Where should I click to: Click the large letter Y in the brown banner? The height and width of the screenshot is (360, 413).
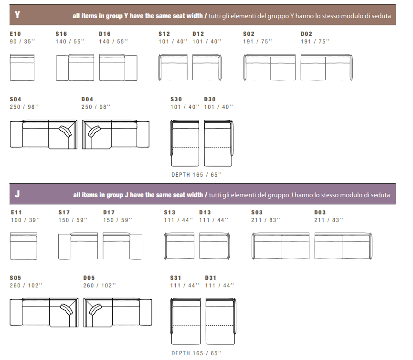tap(17, 14)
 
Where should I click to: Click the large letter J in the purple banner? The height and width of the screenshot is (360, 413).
tap(17, 194)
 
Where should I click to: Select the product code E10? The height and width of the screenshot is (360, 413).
tap(15, 34)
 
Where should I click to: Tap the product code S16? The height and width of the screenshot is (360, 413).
tap(61, 34)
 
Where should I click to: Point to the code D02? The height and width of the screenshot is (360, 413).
tap(307, 34)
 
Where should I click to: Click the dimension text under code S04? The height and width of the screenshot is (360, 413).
tap(24, 107)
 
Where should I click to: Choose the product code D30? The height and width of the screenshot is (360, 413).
tap(210, 99)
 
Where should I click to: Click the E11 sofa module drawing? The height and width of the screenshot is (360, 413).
tap(23, 246)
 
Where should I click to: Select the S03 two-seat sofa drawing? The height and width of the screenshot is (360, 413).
tap(280, 246)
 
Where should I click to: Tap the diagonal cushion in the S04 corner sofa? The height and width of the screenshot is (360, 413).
tap(65, 131)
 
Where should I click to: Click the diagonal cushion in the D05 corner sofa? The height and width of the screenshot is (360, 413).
tap(95, 309)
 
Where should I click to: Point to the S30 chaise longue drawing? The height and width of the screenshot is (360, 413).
tap(184, 143)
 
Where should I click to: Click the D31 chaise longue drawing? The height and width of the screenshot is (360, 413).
tap(221, 321)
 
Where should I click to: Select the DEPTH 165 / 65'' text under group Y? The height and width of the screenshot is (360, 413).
tap(197, 175)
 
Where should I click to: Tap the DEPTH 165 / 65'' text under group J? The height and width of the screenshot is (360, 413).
tap(197, 353)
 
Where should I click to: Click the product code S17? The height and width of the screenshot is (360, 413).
tap(64, 212)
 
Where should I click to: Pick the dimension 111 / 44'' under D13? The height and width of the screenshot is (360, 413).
tap(213, 220)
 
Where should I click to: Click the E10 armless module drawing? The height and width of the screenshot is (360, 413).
tap(22, 67)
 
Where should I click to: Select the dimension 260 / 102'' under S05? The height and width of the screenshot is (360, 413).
tap(26, 286)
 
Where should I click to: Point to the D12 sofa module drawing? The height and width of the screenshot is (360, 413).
tap(207, 67)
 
